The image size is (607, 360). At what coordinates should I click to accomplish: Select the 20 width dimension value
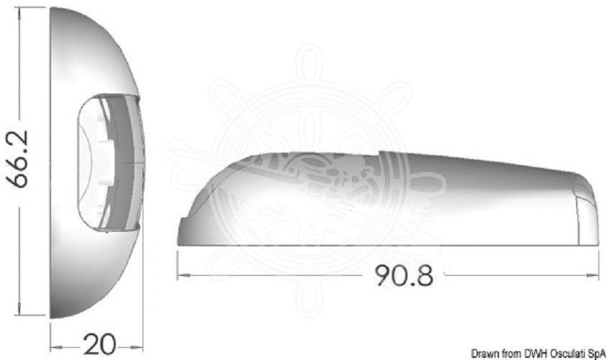tap(99, 344)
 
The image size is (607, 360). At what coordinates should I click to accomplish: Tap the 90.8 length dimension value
tap(404, 276)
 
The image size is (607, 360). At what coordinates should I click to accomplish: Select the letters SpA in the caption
tap(598, 354)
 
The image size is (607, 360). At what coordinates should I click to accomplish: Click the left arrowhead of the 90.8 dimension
tap(184, 276)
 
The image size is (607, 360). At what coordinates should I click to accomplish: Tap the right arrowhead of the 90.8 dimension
tap(593, 276)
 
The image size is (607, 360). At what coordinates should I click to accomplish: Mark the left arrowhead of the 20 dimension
tap(56, 348)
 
